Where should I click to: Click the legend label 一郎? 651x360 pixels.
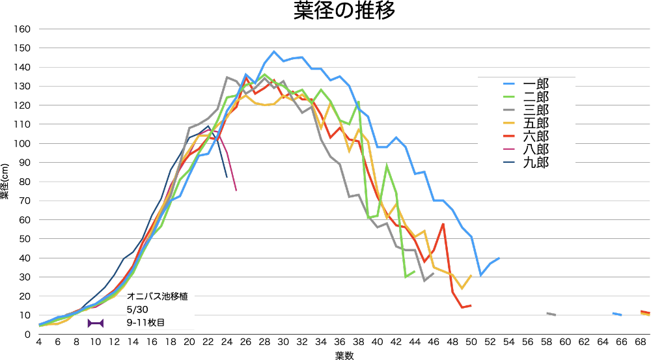tap(536, 84)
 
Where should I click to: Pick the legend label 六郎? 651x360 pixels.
tap(536, 136)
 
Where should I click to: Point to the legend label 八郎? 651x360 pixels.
tap(536, 149)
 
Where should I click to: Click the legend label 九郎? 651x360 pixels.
tap(536, 162)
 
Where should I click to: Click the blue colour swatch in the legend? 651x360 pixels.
tap(509, 84)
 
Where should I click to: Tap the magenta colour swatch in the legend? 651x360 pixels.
tap(509, 149)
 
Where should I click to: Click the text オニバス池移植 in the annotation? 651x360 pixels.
tap(158, 297)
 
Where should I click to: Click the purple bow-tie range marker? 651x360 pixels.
tap(96, 323)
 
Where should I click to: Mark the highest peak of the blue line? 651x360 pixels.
tap(274, 51)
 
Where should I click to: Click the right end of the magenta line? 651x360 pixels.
tap(236, 189)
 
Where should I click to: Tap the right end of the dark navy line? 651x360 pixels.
tap(227, 176)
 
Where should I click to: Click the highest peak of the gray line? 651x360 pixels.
tap(227, 77)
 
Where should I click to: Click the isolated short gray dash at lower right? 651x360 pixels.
tap(551, 314)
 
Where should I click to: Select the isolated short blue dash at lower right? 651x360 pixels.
tap(617, 314)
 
